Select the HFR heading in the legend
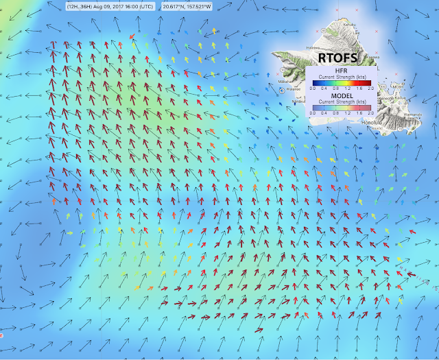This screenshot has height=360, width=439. click(x=341, y=71)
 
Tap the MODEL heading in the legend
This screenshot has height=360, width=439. click(x=341, y=95)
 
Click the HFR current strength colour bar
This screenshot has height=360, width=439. click(x=341, y=82)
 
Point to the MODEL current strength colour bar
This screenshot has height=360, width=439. click(x=341, y=106)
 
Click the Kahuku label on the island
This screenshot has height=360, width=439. click(x=350, y=25)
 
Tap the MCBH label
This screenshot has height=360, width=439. click(x=396, y=87)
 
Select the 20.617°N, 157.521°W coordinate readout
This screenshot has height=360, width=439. click(x=187, y=6)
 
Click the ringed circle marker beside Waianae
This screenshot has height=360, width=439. click(x=281, y=90)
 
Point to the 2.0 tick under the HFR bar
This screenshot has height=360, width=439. click(x=370, y=88)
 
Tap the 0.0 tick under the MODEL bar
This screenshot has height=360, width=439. click(x=312, y=112)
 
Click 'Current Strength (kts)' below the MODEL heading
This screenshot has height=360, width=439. click(x=341, y=101)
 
